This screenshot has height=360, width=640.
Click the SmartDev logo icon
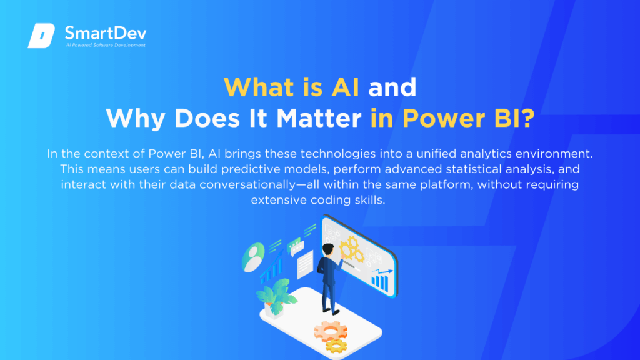(x=41, y=36)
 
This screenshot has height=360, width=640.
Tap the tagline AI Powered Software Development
(x=105, y=46)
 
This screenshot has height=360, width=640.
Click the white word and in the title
(x=392, y=87)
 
